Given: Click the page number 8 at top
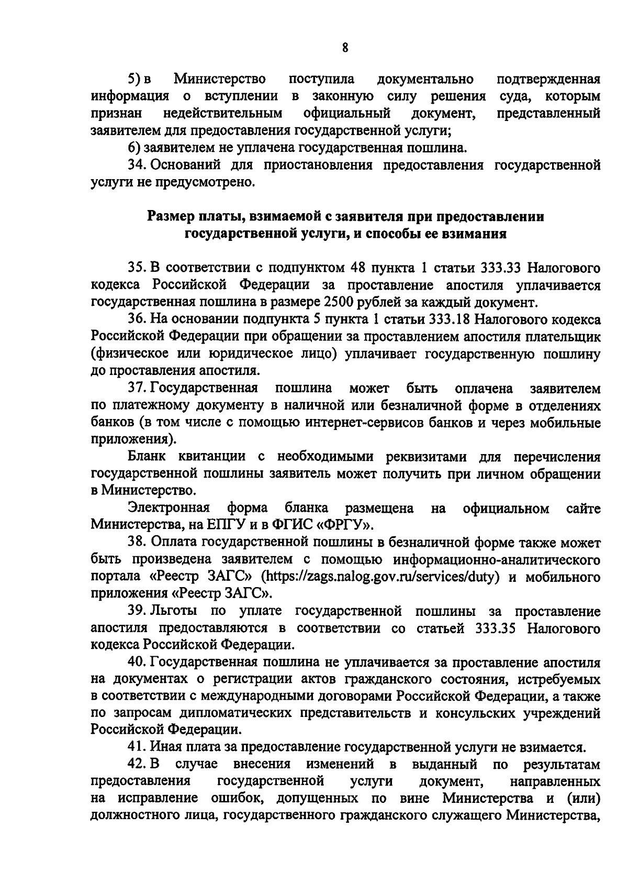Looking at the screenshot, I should [345, 48].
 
